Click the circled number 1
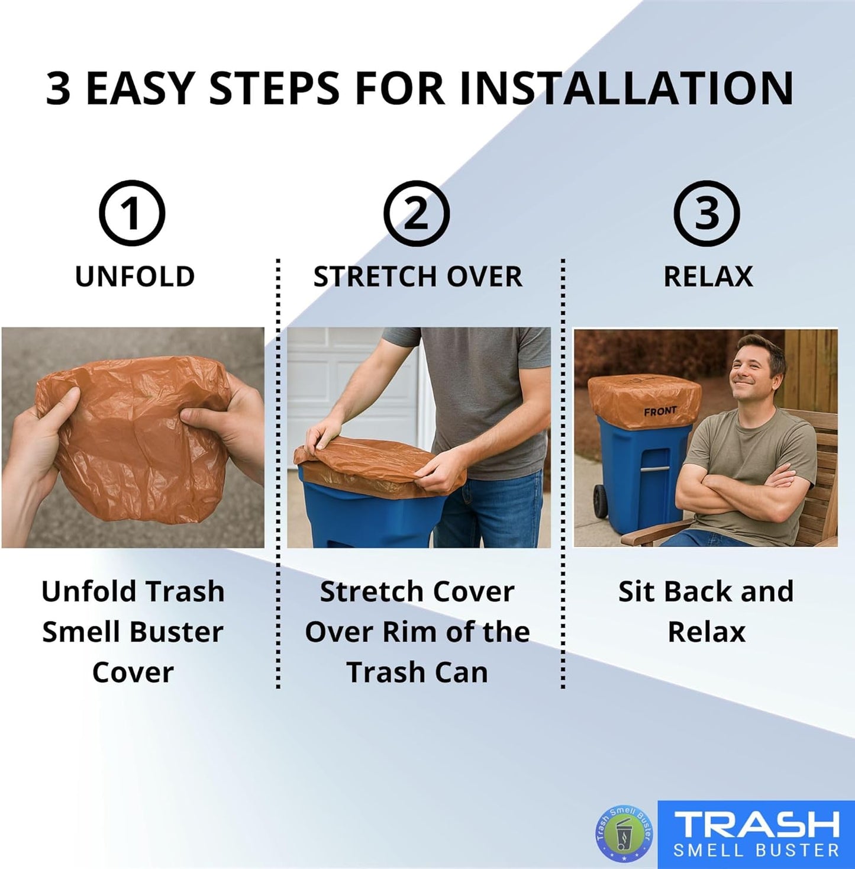tap(132, 214)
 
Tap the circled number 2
tap(417, 214)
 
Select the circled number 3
tap(707, 214)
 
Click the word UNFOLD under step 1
tap(135, 276)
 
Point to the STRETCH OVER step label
tap(418, 276)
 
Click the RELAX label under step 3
tap(708, 276)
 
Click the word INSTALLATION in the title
tap(627, 89)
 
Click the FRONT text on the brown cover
tap(660, 411)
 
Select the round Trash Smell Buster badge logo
tap(624, 834)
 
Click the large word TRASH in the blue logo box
tap(757, 825)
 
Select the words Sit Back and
tap(706, 591)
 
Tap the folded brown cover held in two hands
tap(133, 438)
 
